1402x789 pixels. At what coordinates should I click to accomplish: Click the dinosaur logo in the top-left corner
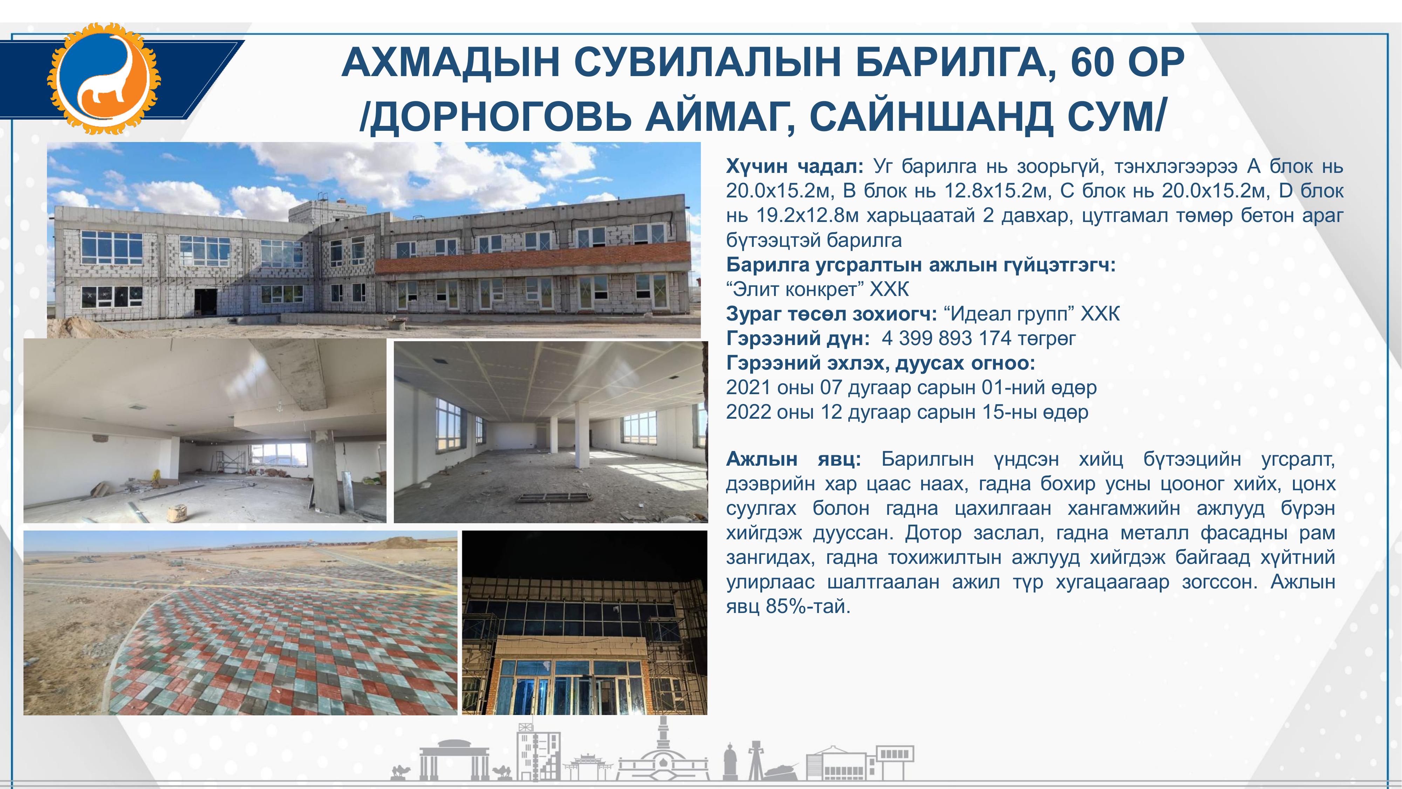point(103,78)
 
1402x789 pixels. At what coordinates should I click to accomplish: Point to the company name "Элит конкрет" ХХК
point(818,289)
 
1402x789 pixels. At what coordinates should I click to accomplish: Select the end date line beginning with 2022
point(907,412)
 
